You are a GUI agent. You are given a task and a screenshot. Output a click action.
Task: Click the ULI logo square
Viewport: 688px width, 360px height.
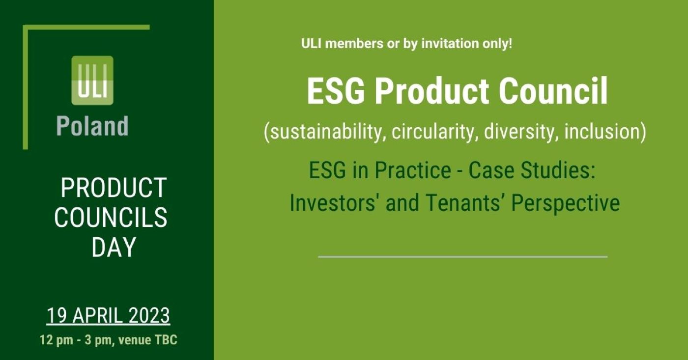click(92, 81)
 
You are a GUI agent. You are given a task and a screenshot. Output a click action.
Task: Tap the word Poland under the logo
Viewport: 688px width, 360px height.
click(92, 126)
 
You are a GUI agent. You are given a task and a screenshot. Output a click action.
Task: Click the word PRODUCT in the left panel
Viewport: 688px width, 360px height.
click(113, 188)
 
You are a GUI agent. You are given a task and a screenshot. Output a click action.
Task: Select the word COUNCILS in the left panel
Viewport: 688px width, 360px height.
click(111, 218)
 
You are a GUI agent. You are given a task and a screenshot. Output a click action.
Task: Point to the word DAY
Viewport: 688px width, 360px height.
click(114, 247)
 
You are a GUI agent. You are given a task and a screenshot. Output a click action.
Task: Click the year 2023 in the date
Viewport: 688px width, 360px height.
click(149, 316)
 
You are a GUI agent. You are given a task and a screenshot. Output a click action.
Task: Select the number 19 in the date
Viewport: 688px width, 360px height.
click(57, 316)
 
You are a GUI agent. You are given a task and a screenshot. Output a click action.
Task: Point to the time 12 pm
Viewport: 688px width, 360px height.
click(55, 340)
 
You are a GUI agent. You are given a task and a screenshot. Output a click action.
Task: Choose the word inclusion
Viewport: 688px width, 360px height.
click(605, 132)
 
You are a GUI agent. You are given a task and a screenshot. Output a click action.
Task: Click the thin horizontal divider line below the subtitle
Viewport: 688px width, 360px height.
click(462, 256)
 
